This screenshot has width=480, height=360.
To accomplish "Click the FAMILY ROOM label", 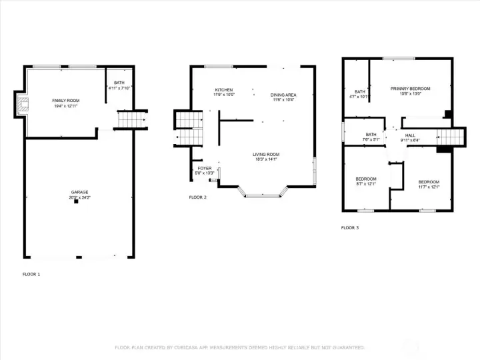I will (x=65, y=100).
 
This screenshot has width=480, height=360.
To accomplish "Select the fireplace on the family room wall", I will (x=22, y=105).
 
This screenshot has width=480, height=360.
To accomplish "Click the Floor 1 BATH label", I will (x=119, y=83).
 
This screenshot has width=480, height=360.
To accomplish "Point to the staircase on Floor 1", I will (x=131, y=120).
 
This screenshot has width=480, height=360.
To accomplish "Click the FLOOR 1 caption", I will (x=31, y=275).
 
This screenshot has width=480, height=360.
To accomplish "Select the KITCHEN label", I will (x=223, y=89).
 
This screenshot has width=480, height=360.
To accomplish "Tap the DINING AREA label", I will (x=283, y=95).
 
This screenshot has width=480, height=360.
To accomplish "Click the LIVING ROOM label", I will (x=265, y=154).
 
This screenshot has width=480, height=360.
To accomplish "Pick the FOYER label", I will (x=204, y=168).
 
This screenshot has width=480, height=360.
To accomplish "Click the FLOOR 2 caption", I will (x=198, y=197).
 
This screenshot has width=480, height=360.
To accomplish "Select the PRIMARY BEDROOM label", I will (x=410, y=89).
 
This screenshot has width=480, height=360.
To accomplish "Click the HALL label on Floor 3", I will (x=410, y=135).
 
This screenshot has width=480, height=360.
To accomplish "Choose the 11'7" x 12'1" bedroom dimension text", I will (x=429, y=187).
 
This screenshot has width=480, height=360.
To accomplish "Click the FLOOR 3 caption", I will (x=350, y=228).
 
